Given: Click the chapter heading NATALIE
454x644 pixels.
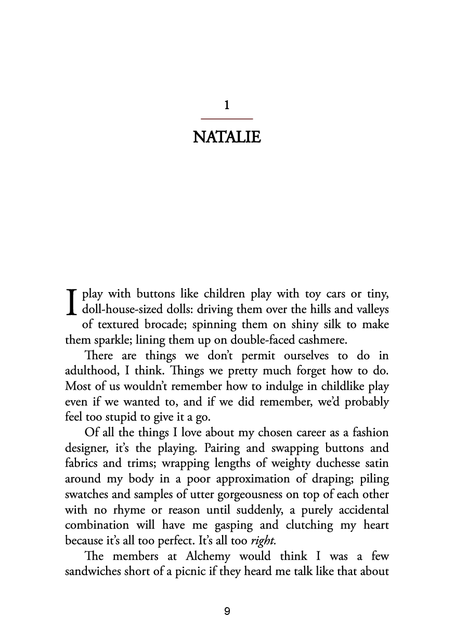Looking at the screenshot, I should click(x=227, y=138).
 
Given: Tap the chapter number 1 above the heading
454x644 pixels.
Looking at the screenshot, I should click(x=227, y=106).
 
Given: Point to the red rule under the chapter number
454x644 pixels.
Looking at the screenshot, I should click(x=227, y=120).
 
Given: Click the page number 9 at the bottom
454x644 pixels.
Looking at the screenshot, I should click(x=227, y=612).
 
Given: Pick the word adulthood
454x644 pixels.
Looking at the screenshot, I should click(x=87, y=372).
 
